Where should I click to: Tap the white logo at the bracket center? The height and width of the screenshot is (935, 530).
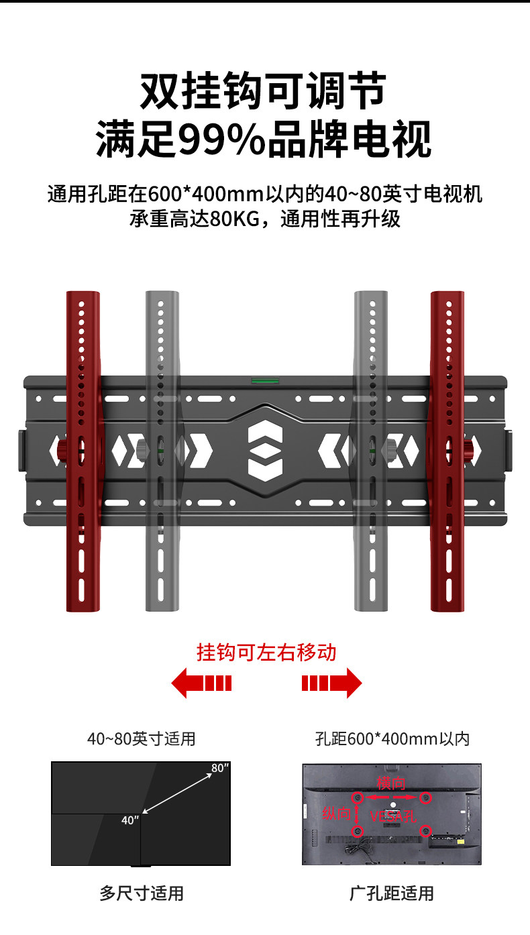(x=265, y=450)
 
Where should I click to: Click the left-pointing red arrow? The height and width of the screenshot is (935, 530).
(x=201, y=683)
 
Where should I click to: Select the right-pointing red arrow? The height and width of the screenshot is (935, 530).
(x=331, y=683)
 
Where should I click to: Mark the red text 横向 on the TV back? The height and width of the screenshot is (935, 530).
(x=391, y=783)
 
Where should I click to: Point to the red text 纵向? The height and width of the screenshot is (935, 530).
(x=336, y=814)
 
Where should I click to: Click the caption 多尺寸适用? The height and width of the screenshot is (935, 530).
(x=142, y=893)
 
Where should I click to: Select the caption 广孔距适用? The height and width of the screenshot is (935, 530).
(x=392, y=893)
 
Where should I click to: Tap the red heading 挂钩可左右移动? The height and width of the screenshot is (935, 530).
(x=266, y=651)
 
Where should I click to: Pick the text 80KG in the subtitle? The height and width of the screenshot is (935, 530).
(x=234, y=219)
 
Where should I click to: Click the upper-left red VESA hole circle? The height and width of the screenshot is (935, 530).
(x=358, y=797)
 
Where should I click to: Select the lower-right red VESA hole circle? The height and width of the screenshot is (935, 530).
(x=425, y=831)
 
